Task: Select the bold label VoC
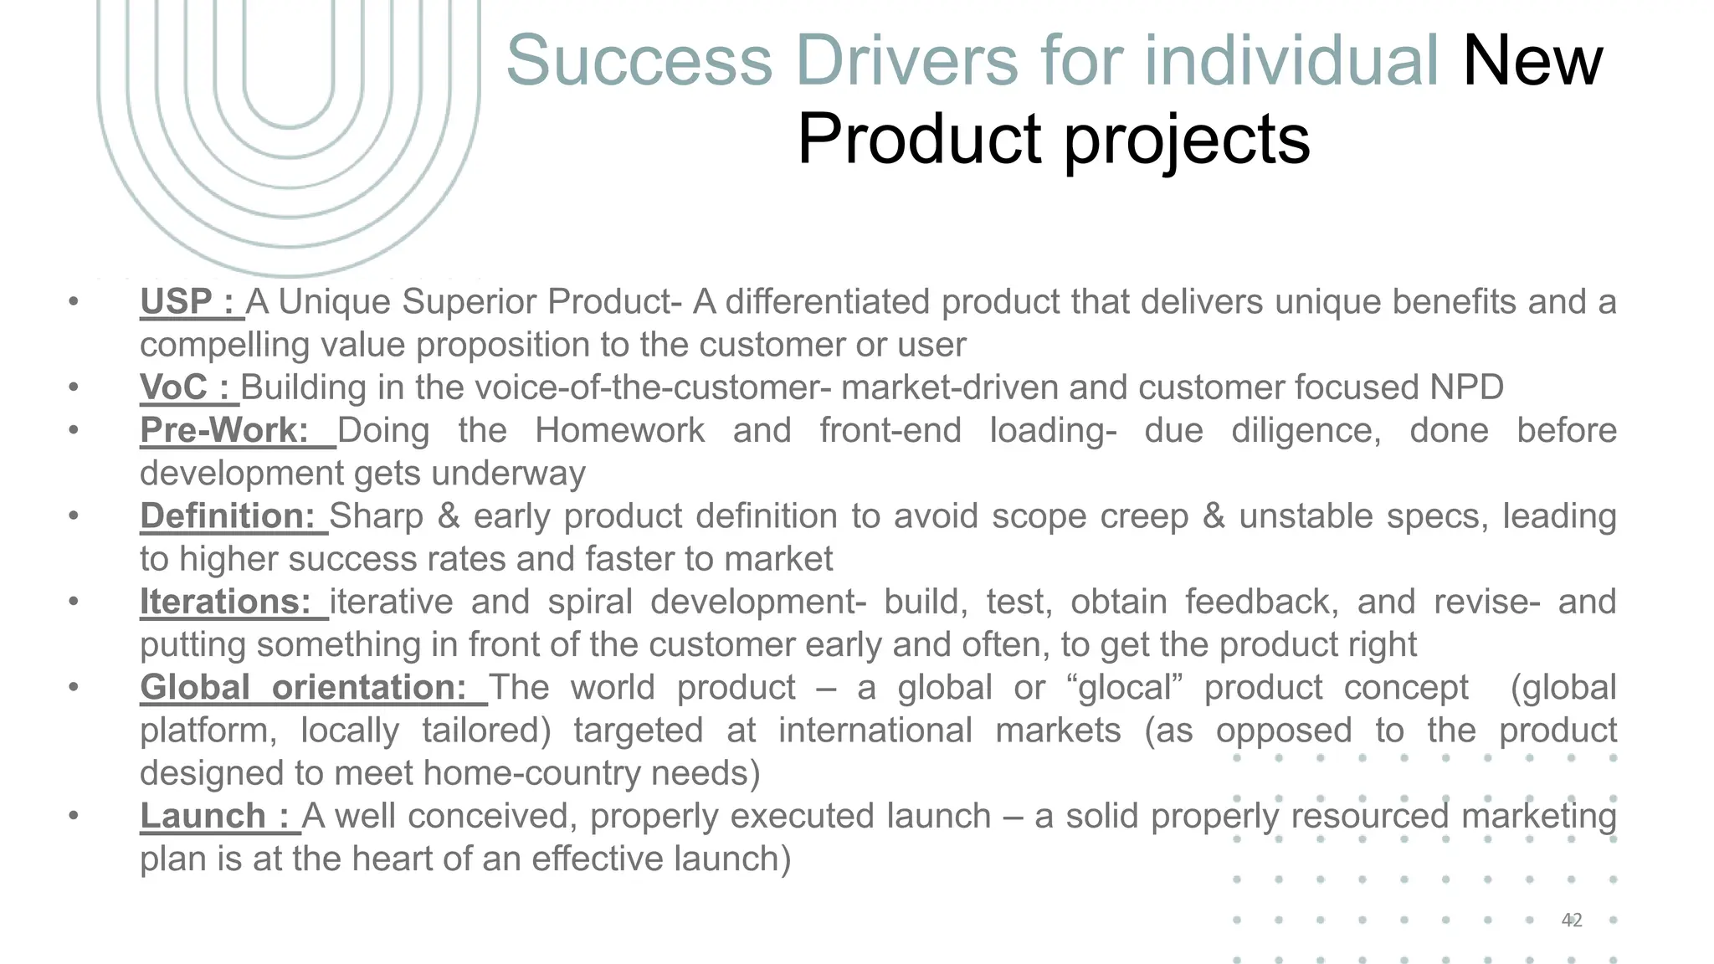click(x=173, y=387)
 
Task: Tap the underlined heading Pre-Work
click(x=224, y=430)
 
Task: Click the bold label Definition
click(x=227, y=516)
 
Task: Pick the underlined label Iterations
click(x=225, y=602)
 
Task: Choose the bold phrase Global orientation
click(x=303, y=688)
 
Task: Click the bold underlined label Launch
click(x=203, y=816)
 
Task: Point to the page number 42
click(x=1572, y=920)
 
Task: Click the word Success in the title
click(x=639, y=60)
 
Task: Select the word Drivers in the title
click(x=906, y=60)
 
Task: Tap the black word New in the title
click(x=1532, y=60)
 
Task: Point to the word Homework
click(x=620, y=430)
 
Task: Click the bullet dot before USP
click(x=74, y=302)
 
